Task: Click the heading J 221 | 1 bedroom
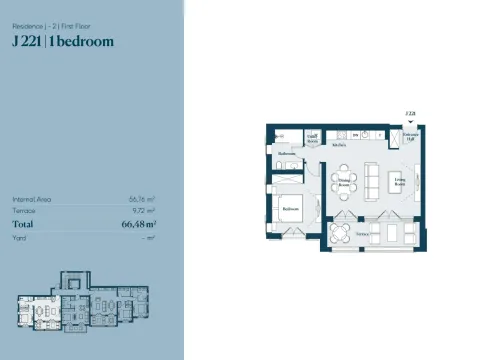click(62, 41)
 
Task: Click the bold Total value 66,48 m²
click(137, 225)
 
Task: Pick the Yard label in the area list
click(18, 238)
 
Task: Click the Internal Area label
click(31, 200)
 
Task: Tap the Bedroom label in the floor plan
click(290, 208)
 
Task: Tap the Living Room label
click(398, 182)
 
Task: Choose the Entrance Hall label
click(409, 136)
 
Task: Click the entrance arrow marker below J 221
click(408, 121)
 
